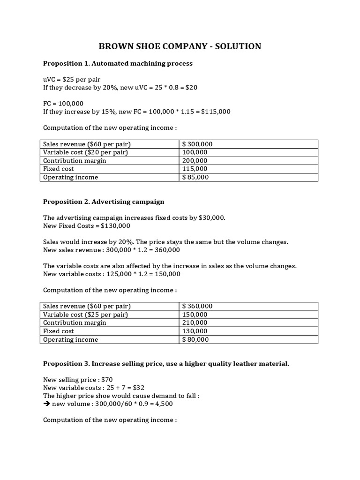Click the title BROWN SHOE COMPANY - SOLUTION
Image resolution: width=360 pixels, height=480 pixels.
[x=180, y=46]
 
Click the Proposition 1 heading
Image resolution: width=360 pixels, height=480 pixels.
[x=118, y=63]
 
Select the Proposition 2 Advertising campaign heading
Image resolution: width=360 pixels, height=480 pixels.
[x=104, y=202]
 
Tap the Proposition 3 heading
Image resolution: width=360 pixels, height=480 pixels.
[x=166, y=363]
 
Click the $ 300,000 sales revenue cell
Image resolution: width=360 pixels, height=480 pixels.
[x=197, y=144]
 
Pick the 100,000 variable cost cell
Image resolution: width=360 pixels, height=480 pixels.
[x=195, y=152]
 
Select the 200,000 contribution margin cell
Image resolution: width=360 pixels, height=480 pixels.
[x=195, y=161]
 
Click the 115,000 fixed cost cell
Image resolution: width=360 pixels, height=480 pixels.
[x=195, y=169]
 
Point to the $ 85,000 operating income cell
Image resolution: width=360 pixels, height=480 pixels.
[x=195, y=177]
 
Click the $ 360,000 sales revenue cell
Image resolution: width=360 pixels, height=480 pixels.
[x=197, y=306]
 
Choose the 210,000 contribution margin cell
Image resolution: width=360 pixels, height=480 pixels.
[x=195, y=323]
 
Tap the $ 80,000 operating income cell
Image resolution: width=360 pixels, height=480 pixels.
[x=195, y=339]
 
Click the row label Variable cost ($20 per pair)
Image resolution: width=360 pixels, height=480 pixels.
[x=85, y=152]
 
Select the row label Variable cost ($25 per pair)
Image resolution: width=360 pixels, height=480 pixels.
[x=85, y=315]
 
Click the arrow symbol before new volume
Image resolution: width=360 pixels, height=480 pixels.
[x=46, y=404]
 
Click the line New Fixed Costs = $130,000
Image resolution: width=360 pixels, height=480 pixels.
[x=87, y=226]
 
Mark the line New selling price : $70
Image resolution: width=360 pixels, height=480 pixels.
[x=78, y=379]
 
